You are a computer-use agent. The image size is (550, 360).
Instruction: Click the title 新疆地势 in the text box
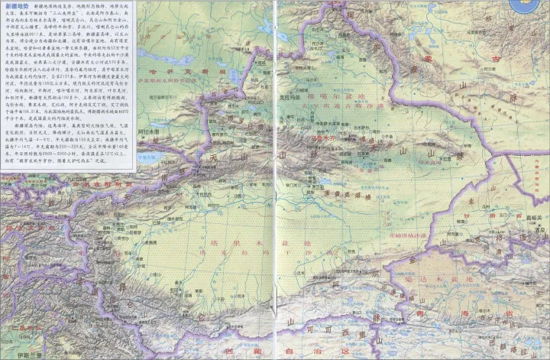(x=18, y=5)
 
